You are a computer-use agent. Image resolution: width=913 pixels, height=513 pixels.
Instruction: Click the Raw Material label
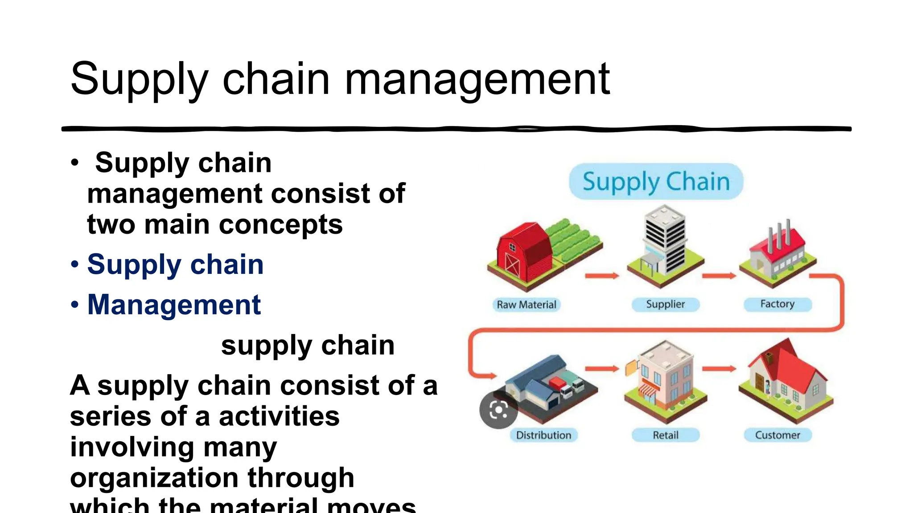coord(526,305)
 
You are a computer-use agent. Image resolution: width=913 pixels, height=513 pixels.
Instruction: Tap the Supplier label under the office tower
coord(666,305)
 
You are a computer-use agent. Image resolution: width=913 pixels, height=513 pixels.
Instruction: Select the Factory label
coord(777,304)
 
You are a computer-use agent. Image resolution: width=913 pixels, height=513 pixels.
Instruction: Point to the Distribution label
coord(543,435)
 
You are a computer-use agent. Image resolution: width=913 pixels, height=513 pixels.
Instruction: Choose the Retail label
coord(666,435)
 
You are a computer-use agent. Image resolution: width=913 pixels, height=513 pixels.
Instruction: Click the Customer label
coord(777,435)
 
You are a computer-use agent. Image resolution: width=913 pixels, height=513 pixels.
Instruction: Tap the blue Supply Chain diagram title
coord(656,182)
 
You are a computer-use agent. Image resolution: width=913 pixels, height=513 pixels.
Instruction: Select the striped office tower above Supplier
coord(665,240)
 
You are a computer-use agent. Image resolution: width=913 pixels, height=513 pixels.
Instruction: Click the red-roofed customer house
coord(787,379)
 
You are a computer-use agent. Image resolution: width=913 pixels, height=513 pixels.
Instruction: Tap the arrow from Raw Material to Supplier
coord(602,276)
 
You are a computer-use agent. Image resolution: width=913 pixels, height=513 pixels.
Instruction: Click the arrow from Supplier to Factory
coord(719,276)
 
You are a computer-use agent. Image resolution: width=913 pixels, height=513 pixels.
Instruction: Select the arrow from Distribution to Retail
coord(602,369)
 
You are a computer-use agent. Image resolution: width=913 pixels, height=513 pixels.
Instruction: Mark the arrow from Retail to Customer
coord(719,369)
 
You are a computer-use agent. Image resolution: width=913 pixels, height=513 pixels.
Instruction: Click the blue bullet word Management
coord(174,305)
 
